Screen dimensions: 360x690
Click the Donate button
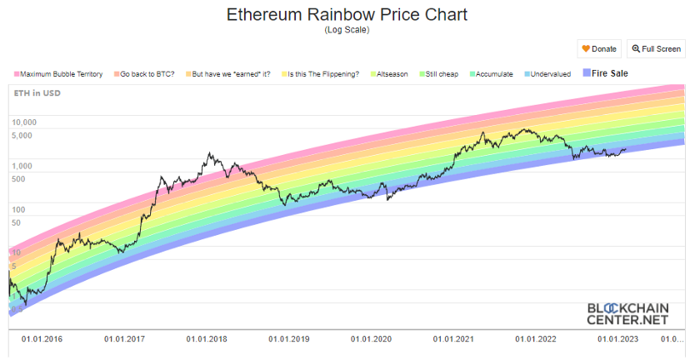(599, 49)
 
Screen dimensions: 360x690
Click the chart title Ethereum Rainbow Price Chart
(346, 15)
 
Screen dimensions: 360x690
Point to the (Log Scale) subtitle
(346, 30)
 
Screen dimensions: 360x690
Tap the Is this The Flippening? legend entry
(322, 74)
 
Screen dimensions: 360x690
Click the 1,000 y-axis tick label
(22, 166)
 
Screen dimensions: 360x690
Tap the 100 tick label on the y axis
(20, 209)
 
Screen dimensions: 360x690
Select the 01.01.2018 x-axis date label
(207, 339)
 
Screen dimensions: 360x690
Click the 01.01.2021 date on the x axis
(454, 339)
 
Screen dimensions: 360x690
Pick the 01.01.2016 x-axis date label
(42, 339)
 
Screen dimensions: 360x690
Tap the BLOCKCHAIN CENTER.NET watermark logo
(627, 312)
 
